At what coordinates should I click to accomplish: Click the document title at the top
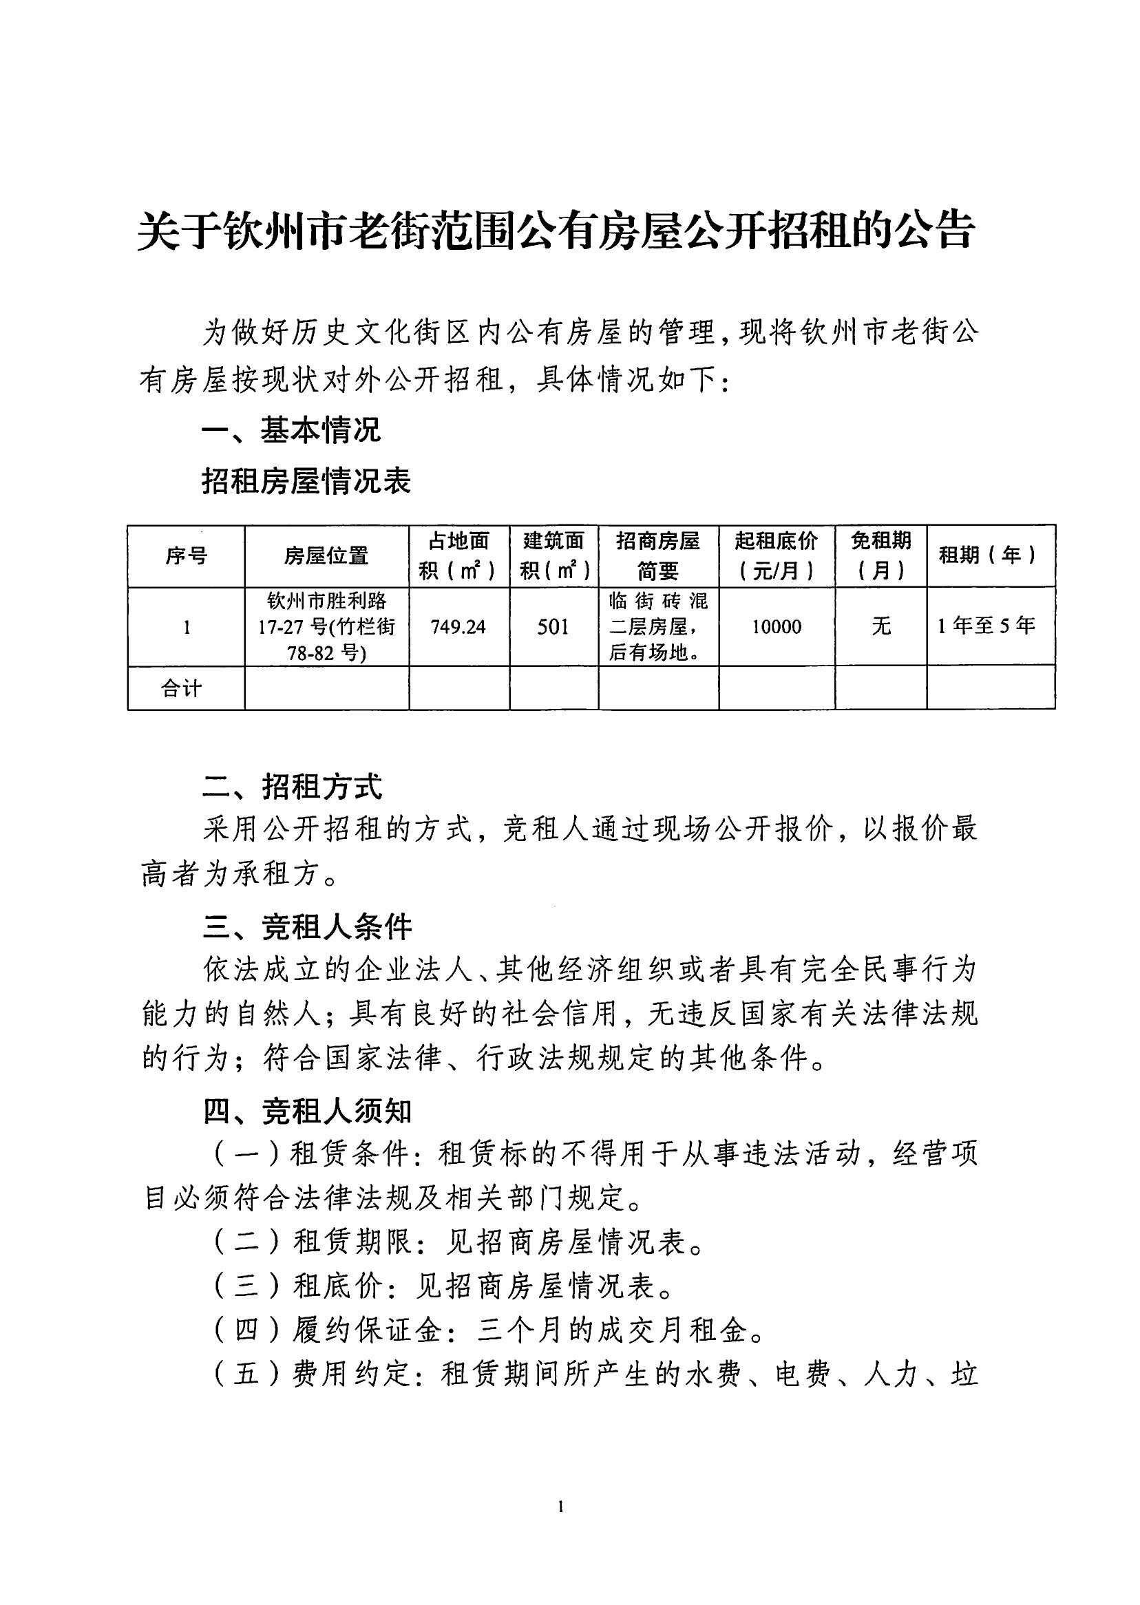[x=556, y=230]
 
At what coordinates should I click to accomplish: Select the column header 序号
[x=186, y=557]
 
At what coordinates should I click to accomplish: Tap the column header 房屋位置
[x=326, y=557]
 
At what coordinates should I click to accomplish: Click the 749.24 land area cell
[x=458, y=627]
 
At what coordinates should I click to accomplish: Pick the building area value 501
[x=553, y=627]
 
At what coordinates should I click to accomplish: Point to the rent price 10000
[x=777, y=627]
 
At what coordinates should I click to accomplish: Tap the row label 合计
[x=182, y=688]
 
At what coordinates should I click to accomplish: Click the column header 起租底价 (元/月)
[x=777, y=556]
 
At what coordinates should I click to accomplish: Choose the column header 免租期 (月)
[x=880, y=556]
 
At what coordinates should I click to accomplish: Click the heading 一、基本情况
[x=291, y=430]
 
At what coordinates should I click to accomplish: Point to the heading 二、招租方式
[x=292, y=787]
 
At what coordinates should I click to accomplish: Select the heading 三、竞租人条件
[x=307, y=928]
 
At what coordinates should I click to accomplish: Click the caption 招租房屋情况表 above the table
[x=306, y=481]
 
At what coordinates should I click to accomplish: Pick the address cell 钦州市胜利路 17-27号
[x=326, y=627]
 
